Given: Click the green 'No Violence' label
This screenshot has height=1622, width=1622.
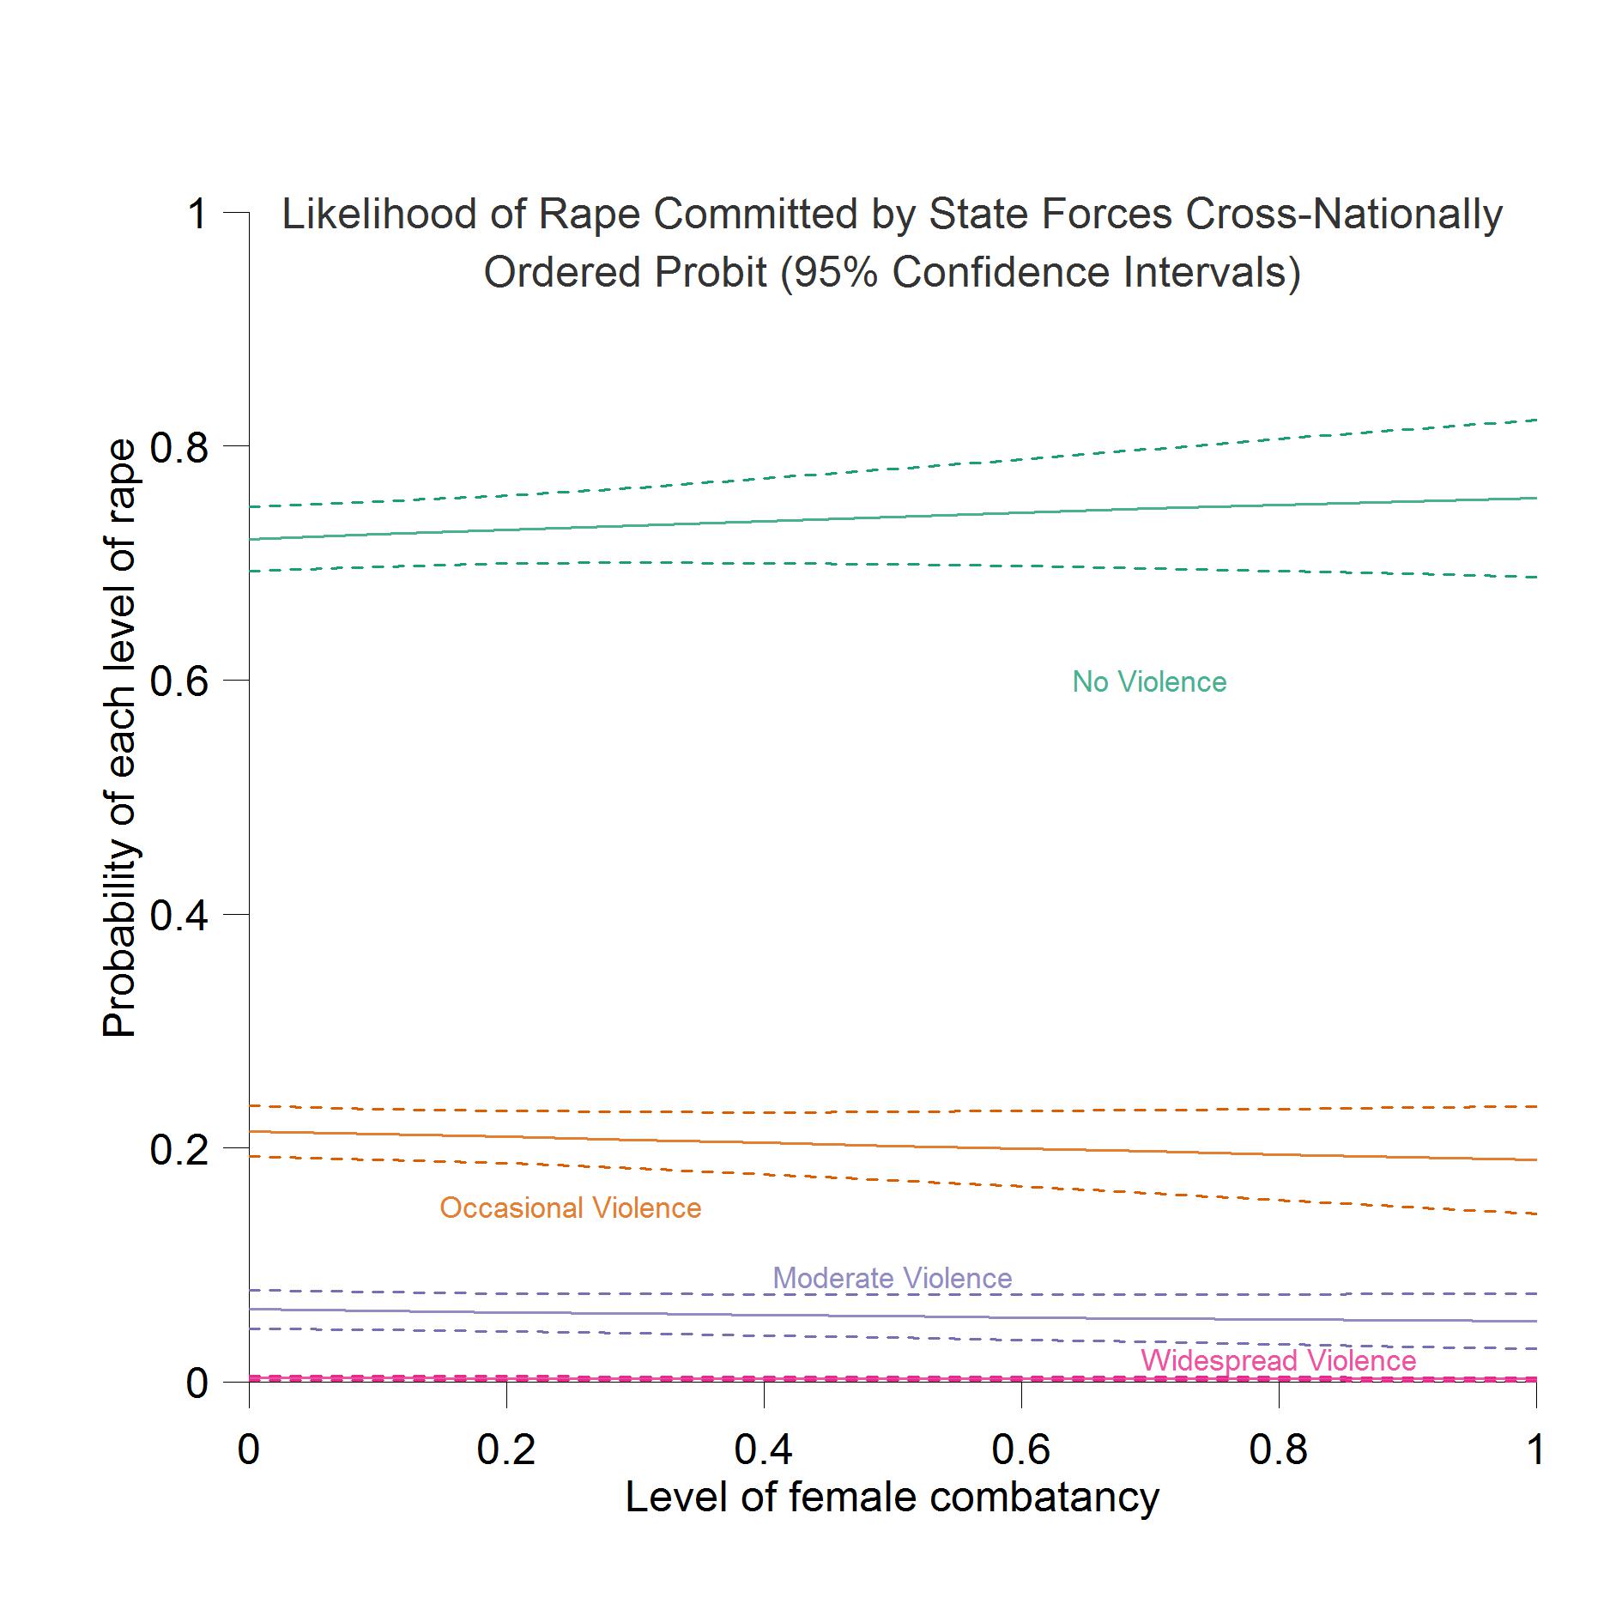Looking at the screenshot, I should tap(1149, 682).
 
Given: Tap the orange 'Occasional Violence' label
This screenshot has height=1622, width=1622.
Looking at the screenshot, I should tap(570, 1208).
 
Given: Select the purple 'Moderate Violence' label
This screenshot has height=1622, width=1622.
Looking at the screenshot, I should tap(893, 1278).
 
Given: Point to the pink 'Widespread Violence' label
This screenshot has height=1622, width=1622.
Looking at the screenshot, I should tap(1278, 1360).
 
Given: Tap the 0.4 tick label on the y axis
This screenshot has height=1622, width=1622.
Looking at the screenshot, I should tap(179, 916).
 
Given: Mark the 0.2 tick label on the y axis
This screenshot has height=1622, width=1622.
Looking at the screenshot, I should tap(179, 1149).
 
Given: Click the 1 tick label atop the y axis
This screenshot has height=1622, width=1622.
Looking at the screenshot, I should tap(197, 213).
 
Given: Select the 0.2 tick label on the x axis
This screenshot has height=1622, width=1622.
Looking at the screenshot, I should tap(506, 1450).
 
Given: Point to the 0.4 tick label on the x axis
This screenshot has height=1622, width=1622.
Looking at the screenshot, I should tap(764, 1450).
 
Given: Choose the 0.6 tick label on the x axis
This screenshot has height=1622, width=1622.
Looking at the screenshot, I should tap(1021, 1450).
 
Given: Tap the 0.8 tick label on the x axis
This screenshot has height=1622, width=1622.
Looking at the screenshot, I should tap(1279, 1450).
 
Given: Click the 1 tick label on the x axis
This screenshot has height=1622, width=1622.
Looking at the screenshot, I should tap(1535, 1450).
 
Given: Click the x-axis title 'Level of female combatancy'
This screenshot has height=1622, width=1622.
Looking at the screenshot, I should tap(893, 1498).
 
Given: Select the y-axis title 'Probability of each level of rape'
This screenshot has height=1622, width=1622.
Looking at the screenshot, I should tap(119, 738).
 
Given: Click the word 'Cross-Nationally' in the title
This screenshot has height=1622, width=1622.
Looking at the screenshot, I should tap(1344, 215).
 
